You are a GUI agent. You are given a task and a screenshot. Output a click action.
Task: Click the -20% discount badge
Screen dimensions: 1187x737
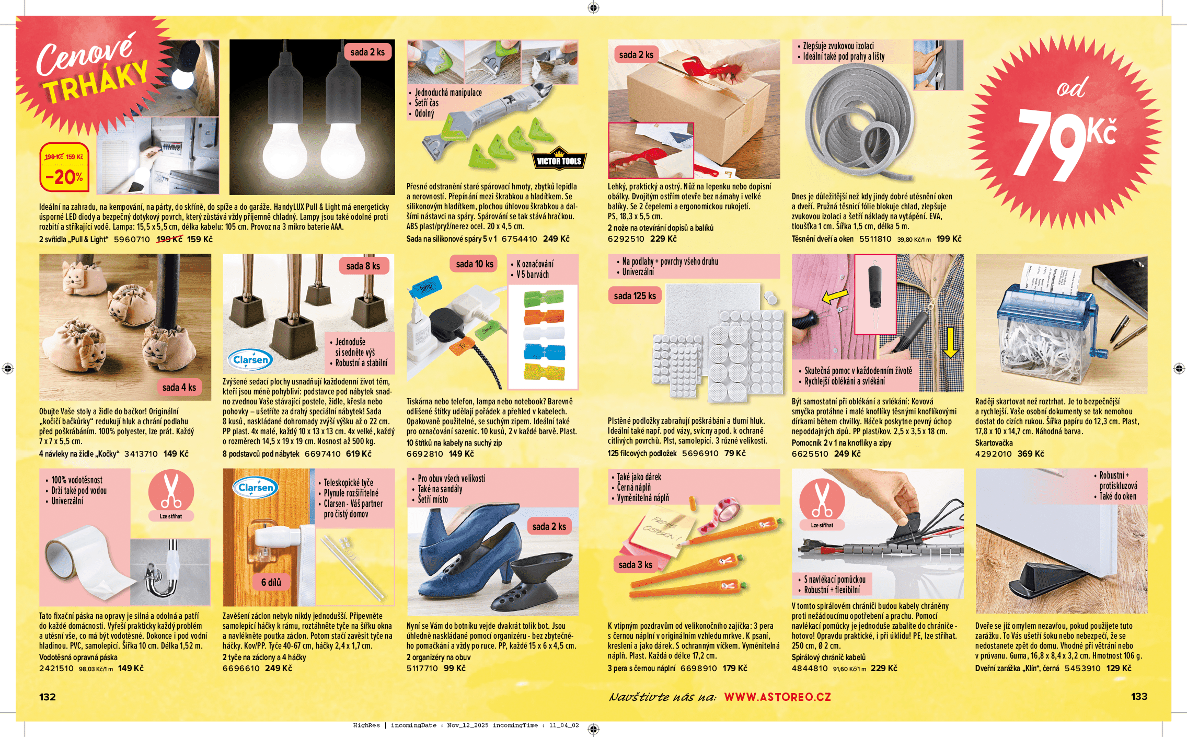point(65,167)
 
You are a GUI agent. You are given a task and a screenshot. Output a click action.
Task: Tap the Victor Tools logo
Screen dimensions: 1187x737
point(559,160)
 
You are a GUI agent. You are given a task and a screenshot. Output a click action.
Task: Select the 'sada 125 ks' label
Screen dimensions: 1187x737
point(635,296)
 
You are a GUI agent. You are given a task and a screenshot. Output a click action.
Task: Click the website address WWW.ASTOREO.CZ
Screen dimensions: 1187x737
point(777,697)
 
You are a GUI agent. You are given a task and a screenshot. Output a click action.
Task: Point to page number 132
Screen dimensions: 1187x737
point(48,697)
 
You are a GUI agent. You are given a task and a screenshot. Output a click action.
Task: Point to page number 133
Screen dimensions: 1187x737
point(1139,697)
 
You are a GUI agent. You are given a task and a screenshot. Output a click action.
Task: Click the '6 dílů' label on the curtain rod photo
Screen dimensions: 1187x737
point(271,582)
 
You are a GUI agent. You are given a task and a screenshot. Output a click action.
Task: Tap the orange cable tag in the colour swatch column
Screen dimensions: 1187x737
point(544,316)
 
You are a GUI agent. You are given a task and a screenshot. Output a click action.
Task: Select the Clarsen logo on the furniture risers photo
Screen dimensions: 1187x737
point(251,359)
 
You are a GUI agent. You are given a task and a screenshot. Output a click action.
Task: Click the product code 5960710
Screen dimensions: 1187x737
point(132,239)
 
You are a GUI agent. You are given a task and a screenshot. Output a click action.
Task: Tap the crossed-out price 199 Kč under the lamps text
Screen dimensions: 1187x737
point(170,239)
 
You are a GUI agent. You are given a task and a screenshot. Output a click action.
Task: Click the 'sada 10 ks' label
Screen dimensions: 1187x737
point(475,264)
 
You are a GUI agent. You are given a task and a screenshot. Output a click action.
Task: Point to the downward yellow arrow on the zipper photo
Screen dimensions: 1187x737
point(951,342)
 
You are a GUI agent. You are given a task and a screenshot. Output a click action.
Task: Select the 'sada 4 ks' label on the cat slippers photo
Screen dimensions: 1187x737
point(179,388)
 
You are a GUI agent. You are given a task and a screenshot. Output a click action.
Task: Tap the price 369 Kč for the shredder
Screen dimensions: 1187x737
point(1031,453)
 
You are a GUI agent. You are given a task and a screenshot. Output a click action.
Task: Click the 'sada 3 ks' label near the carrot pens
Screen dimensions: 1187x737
point(636,565)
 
